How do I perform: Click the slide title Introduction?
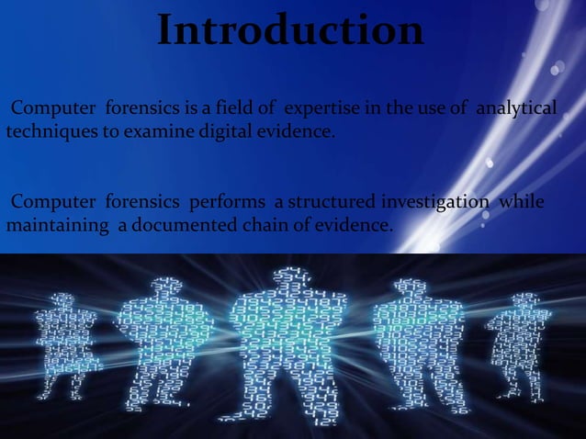pos(290,30)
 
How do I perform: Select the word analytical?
pos(515,111)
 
